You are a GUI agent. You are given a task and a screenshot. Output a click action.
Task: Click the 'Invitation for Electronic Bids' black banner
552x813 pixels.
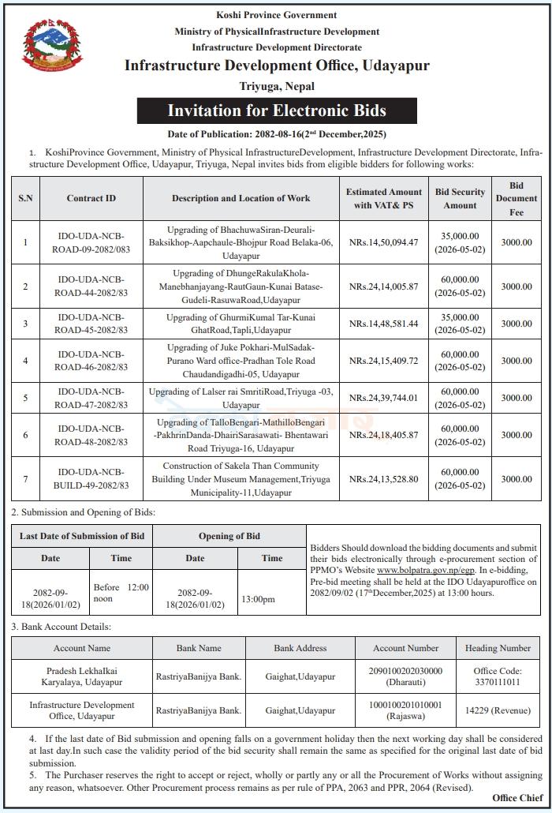click(x=277, y=111)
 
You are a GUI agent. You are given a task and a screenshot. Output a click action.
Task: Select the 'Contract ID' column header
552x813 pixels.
click(x=91, y=198)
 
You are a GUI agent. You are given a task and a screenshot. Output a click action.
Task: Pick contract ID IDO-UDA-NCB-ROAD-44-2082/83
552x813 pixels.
click(x=91, y=287)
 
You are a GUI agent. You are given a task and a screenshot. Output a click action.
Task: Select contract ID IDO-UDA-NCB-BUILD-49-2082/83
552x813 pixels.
click(x=91, y=479)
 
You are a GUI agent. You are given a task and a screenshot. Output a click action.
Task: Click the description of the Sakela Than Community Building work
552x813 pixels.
click(x=241, y=479)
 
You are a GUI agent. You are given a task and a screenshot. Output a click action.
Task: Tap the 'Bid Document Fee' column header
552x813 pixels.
click(x=516, y=198)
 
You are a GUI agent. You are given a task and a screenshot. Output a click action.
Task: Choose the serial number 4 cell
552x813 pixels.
click(x=25, y=361)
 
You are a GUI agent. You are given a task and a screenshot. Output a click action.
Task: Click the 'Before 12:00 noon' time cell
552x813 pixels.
click(x=121, y=593)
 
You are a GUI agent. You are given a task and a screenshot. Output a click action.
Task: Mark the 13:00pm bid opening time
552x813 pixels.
click(x=258, y=599)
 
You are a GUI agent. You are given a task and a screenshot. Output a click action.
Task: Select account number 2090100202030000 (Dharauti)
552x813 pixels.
click(x=405, y=676)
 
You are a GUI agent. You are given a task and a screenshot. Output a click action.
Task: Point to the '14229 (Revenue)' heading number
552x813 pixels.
click(x=497, y=710)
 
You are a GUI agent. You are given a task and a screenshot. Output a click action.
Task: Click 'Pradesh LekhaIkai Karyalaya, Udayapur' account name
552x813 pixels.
click(x=82, y=676)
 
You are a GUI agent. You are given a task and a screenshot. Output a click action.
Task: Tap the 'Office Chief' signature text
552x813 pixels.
click(x=517, y=798)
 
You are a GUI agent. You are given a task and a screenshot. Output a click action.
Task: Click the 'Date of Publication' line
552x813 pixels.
click(x=276, y=134)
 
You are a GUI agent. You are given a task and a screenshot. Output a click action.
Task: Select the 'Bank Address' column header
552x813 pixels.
click(x=300, y=648)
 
